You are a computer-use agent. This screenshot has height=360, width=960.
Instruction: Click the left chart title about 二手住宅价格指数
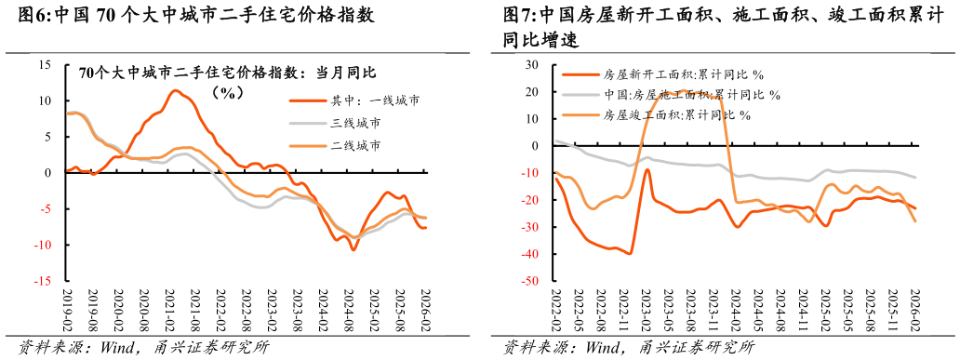tap(227, 73)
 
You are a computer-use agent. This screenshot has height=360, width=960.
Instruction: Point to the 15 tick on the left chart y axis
tap(46, 65)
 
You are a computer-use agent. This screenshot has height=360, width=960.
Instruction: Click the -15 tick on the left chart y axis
tap(43, 281)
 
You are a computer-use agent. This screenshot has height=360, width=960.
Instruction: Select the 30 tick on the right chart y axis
tap(532, 65)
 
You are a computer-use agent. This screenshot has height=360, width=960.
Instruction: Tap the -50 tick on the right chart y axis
tap(530, 281)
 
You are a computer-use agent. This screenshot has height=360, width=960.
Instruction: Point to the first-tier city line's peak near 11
tap(174, 90)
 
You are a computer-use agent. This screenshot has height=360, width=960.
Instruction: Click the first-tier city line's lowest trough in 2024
tap(353, 249)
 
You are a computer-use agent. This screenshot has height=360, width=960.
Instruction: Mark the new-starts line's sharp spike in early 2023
tap(647, 169)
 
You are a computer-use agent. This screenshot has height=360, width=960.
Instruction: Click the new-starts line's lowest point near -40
tap(630, 253)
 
